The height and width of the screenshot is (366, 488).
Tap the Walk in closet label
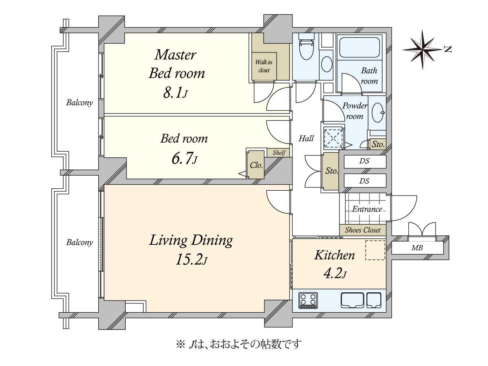264,66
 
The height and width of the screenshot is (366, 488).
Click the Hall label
306,139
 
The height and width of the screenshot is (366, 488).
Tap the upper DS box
365,161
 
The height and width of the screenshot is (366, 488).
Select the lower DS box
365,181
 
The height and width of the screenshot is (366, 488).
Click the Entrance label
367,209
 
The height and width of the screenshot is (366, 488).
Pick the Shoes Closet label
363,230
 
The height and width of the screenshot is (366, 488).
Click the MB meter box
417,248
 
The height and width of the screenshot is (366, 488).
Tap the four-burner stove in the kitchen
308,301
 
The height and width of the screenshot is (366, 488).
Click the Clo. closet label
256,166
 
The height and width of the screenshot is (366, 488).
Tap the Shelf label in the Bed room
279,153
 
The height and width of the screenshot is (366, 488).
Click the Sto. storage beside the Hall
331,171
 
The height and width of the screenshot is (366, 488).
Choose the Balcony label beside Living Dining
80,242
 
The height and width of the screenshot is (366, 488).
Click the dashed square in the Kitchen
375,250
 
